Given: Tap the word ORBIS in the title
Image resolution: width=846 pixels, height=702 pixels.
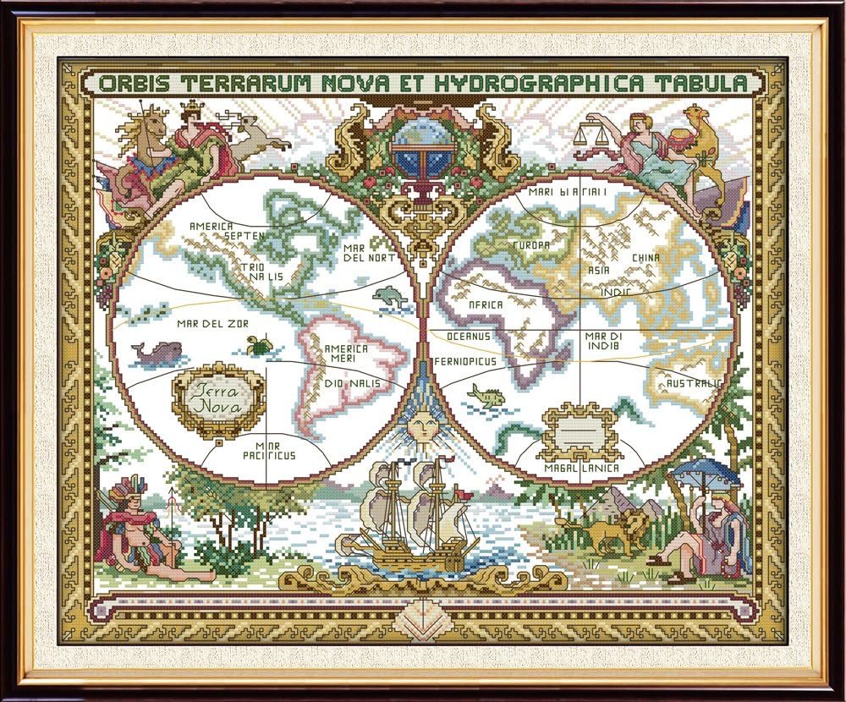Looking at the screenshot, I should click(129, 84).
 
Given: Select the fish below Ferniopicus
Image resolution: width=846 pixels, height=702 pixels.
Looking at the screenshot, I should click(486, 395).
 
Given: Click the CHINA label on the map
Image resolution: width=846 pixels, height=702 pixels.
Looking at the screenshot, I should click(646, 258).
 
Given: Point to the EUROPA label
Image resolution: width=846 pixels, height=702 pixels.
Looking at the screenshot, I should click(530, 245).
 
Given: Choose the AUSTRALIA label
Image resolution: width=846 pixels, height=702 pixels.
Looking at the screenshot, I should click(694, 384).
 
